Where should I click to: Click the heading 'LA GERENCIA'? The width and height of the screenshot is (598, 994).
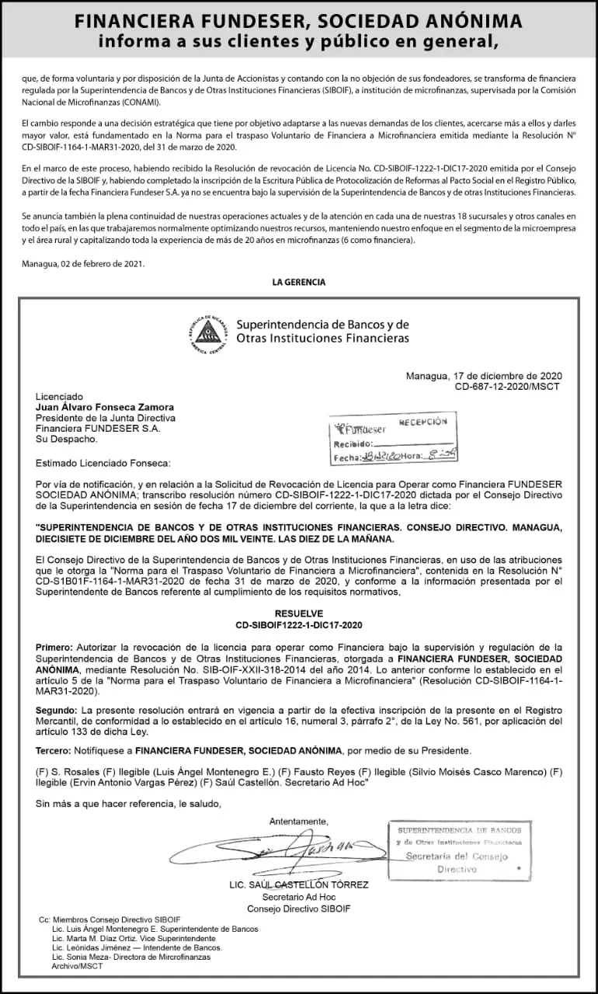click(299, 282)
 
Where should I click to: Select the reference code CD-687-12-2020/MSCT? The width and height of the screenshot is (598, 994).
click(506, 386)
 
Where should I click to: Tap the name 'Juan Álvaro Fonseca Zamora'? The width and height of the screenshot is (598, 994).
click(105, 407)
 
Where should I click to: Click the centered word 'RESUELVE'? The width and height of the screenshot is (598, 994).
click(299, 613)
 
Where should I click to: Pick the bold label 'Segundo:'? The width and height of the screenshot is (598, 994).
click(57, 711)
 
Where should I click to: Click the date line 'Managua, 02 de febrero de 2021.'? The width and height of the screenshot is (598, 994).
click(83, 263)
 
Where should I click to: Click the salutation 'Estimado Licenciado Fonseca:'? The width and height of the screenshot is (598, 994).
click(103, 464)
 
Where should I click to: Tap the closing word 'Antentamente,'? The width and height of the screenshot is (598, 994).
click(299, 822)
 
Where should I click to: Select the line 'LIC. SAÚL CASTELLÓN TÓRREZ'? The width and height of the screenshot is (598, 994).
click(299, 885)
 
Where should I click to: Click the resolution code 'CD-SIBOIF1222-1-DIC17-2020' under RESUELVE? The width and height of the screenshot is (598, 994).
click(299, 624)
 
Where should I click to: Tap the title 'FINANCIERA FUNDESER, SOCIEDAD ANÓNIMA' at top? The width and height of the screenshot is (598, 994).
click(299, 22)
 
